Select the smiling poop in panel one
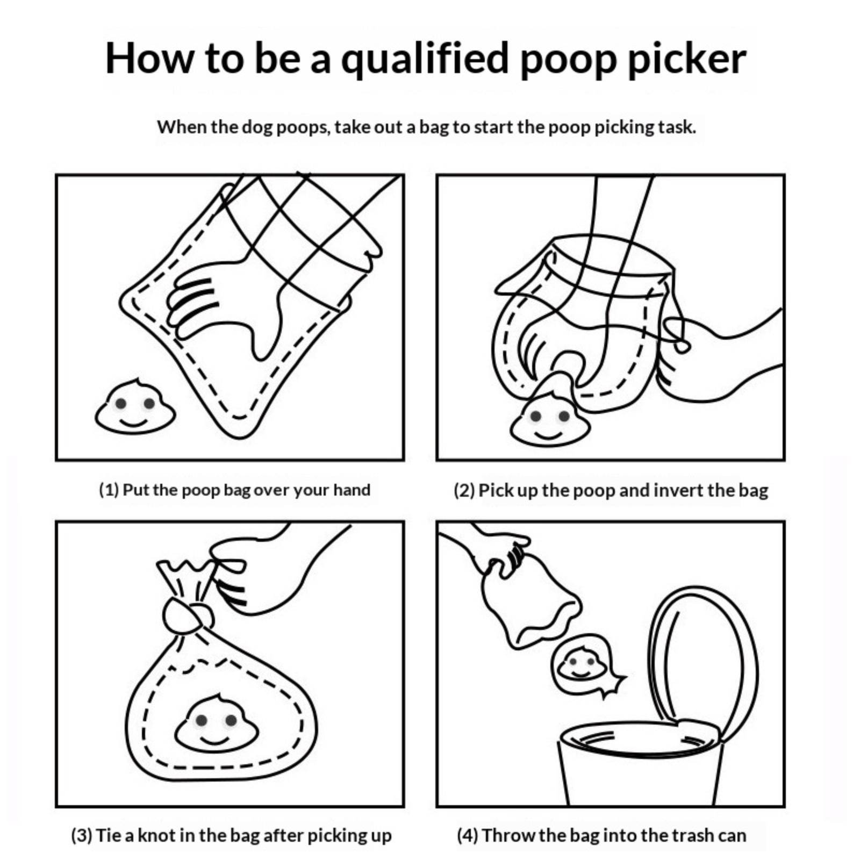(x=135, y=406)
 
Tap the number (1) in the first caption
(x=109, y=490)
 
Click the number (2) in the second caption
(x=464, y=491)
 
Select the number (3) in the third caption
(x=82, y=836)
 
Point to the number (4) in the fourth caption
(x=468, y=836)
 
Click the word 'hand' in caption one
(x=352, y=490)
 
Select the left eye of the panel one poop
(x=121, y=403)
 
